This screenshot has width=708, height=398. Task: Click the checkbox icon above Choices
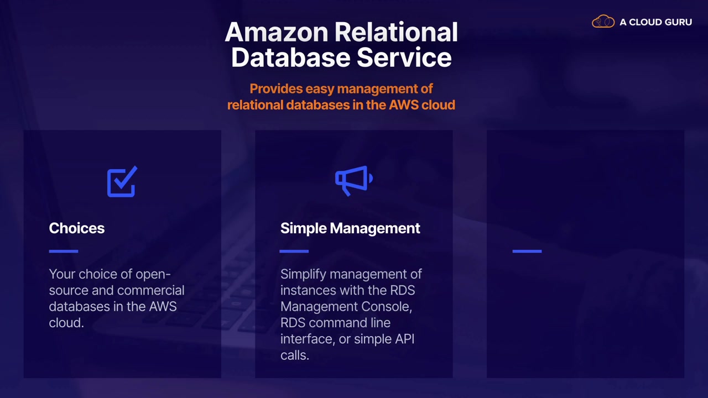pyautogui.click(x=122, y=182)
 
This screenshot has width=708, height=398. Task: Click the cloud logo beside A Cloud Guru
pyautogui.click(x=603, y=22)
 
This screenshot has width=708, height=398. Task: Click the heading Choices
pyautogui.click(x=76, y=228)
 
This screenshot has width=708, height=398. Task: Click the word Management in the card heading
pyautogui.click(x=375, y=228)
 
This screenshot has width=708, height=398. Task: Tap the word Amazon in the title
pyautogui.click(x=277, y=33)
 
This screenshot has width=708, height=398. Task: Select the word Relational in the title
pyautogui.click(x=396, y=33)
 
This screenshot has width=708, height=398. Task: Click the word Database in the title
pyautogui.click(x=290, y=57)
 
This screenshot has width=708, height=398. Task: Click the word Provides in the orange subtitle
pyautogui.click(x=275, y=89)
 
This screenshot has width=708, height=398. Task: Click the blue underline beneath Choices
pyautogui.click(x=64, y=251)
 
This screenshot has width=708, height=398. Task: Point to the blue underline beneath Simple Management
pyautogui.click(x=294, y=251)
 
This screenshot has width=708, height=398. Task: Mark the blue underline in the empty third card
pyautogui.click(x=527, y=251)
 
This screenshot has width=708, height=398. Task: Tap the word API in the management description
pyautogui.click(x=404, y=339)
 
